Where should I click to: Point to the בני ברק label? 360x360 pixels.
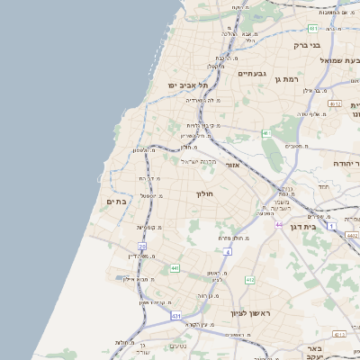308,44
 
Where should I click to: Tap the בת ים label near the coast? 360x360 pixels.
117,202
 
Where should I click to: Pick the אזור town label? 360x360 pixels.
236,165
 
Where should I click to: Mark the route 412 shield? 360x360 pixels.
249,280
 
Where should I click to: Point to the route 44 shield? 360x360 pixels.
280,224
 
